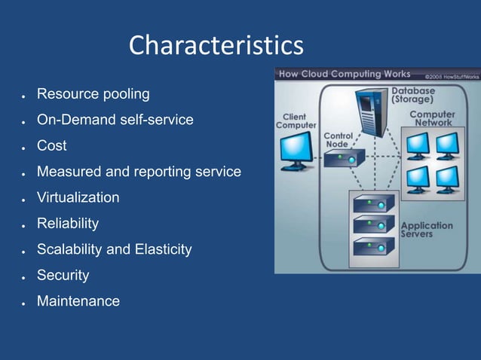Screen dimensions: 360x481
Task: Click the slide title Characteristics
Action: point(216,45)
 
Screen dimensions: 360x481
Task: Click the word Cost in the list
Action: point(52,145)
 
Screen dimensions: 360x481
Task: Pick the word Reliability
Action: point(68,224)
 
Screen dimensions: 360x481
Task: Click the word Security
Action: point(63,275)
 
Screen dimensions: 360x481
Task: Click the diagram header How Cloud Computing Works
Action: point(345,74)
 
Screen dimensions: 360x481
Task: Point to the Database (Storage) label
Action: point(412,94)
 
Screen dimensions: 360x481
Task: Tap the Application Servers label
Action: point(426,230)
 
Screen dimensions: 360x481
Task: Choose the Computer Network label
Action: point(431,118)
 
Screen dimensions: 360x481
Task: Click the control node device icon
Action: point(345,157)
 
